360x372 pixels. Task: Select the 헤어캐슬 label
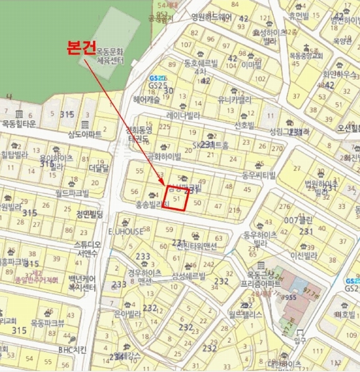pos(146,99)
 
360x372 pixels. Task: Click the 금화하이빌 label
pos(163,157)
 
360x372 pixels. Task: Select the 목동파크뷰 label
pos(48,323)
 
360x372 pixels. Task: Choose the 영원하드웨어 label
pos(211,17)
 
